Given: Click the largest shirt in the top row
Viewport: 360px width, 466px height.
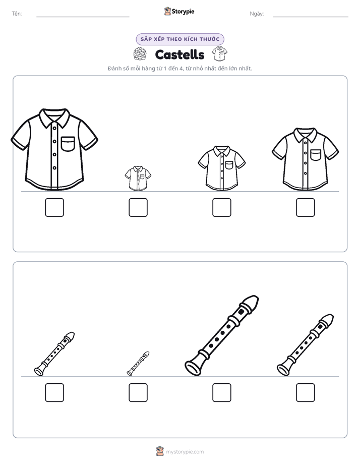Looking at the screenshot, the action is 54,149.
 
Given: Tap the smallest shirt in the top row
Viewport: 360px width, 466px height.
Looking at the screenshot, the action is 138,179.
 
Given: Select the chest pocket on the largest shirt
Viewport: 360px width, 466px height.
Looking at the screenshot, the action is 68,144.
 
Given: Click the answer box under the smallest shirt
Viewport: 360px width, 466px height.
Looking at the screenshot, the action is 138,207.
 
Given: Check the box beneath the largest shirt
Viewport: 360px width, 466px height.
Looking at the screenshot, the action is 54,207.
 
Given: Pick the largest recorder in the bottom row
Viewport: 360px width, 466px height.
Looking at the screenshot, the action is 222,335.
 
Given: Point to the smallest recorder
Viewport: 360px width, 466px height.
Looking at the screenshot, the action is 138,364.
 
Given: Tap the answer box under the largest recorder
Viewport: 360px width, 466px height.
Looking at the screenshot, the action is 222,392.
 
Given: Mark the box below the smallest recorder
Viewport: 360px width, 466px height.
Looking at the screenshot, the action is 138,392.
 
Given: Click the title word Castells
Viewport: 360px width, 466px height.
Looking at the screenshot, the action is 179,54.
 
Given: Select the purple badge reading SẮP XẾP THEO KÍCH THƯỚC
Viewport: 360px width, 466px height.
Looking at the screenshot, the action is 180,39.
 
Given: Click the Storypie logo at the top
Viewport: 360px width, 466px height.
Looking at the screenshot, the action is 179,11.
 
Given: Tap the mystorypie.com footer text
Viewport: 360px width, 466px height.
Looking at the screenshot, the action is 185,452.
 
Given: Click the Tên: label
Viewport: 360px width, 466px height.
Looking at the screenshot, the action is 17,14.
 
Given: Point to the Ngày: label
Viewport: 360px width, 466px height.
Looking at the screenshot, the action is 257,14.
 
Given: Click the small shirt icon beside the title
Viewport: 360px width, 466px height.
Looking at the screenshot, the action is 219,54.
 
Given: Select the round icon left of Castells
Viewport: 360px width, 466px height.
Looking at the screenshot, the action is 140,54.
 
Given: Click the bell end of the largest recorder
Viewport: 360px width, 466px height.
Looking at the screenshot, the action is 193,368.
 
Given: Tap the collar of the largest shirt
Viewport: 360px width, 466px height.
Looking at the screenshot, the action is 54,117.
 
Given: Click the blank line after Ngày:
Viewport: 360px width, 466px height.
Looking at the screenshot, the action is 311,17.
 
